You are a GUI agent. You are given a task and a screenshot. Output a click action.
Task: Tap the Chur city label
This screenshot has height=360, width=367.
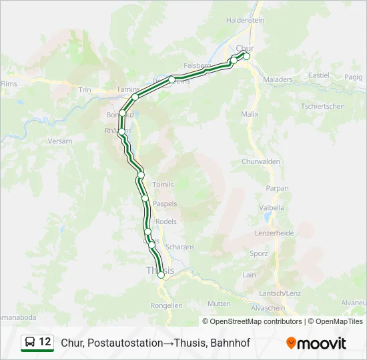click(246, 47)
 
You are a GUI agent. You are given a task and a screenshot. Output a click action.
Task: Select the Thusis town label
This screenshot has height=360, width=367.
click(160, 270)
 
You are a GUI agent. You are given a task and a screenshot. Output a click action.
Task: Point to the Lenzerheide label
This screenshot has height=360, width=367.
click(275, 233)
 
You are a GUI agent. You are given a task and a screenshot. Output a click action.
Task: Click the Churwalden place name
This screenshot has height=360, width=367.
click(261, 162)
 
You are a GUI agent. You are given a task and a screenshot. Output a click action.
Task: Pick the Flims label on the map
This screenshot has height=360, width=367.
click(9, 84)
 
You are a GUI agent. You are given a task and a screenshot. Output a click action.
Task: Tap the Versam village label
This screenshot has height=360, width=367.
click(60, 141)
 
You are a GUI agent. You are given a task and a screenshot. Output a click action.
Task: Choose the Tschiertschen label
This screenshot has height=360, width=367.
click(323, 107)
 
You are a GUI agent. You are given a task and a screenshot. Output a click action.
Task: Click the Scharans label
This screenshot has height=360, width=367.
click(179, 247)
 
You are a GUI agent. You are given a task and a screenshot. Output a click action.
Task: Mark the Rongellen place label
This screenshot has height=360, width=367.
click(167, 305)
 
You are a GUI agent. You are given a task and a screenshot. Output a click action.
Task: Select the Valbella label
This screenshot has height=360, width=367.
click(272, 208)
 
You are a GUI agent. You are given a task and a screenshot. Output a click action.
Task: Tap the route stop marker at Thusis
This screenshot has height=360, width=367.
click(161, 275)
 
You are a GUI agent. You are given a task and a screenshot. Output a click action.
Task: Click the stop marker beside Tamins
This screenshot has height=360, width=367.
click(135, 97)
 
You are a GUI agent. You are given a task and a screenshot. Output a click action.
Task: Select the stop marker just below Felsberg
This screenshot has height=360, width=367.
click(171, 80)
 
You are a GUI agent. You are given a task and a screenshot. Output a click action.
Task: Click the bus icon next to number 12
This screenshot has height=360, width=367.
click(30, 343)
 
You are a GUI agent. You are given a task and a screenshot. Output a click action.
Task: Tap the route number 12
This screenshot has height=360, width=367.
click(45, 342)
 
